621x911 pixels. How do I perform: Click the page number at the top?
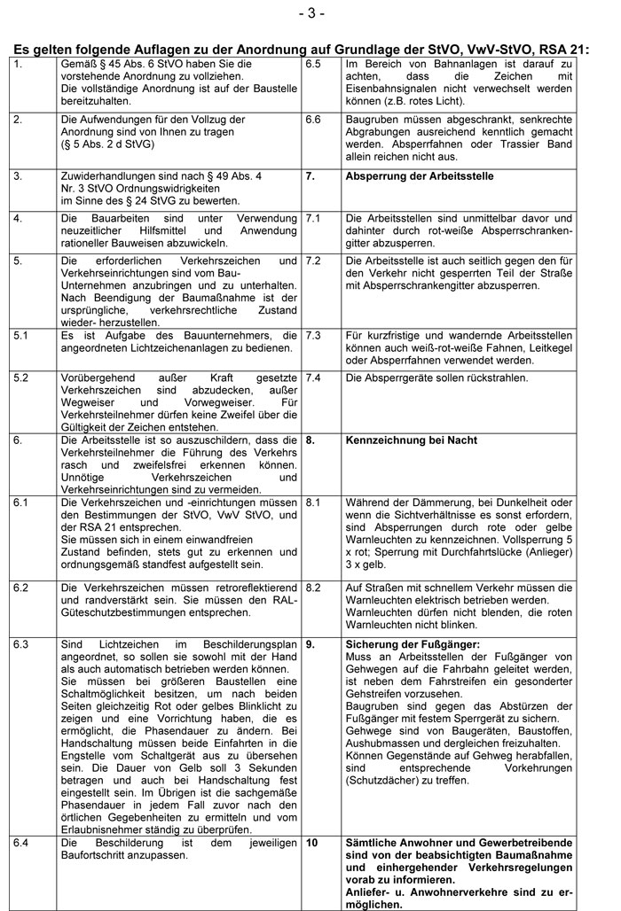(311, 12)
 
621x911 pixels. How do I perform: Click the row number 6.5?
(314, 65)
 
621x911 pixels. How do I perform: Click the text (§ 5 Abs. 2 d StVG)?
(110, 144)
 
